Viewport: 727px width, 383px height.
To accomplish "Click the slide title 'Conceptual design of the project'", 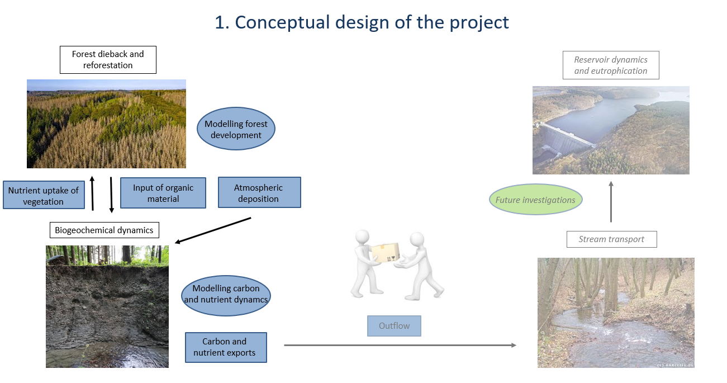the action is point(362,22).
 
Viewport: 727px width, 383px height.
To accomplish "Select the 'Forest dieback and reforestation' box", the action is point(108,60).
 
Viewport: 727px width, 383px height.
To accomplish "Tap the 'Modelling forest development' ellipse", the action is point(236,129).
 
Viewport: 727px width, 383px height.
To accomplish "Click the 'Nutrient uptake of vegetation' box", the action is point(44,195).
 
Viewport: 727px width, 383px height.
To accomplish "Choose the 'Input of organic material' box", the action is point(163,193).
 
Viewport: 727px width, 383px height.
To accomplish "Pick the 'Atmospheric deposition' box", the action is point(259,192).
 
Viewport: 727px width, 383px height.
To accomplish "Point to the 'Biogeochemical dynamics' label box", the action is point(104,230).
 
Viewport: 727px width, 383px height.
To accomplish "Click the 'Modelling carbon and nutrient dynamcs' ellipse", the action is point(226,296).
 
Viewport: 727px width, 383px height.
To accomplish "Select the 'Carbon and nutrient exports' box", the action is point(226,347).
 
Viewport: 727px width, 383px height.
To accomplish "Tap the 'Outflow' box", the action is point(394,326).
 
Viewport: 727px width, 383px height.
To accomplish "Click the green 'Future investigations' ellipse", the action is point(535,200).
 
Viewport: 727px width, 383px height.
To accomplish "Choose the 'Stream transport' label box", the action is point(612,239).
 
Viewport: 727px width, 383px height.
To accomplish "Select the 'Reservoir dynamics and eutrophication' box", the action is point(611,65).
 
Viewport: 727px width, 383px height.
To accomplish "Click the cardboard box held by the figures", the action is point(386,253).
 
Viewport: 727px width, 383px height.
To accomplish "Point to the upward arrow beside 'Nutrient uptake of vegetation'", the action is point(93,193).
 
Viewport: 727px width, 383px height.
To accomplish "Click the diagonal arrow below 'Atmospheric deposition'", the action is point(213,230).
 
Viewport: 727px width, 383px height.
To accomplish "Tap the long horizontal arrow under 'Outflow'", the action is point(400,345).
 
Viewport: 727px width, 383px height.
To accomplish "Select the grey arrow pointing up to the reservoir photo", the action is point(611,201).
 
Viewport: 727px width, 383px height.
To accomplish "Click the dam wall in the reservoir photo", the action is point(567,136).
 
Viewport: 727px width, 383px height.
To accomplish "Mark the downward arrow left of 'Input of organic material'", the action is point(111,195).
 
